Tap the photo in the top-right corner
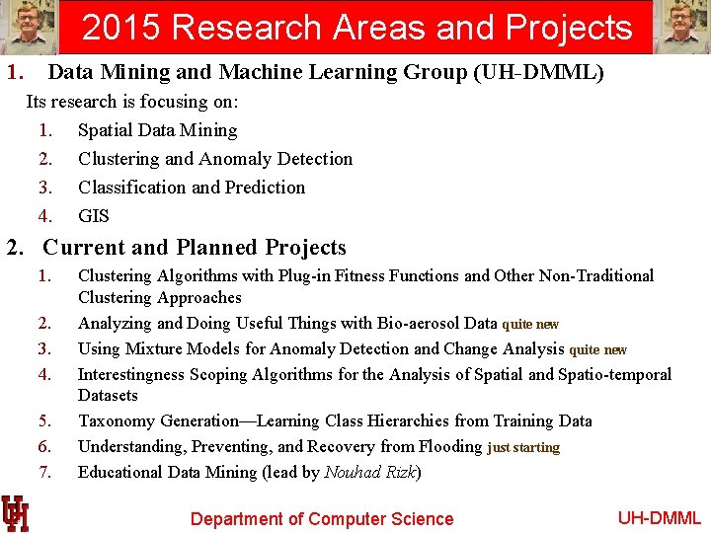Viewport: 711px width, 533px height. tap(682, 27)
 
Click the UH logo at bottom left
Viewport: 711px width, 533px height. tap(15, 513)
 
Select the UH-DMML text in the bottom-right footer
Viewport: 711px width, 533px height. tap(659, 518)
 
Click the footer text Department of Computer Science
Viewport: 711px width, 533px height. tap(322, 519)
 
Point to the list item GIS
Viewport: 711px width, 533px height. tap(94, 216)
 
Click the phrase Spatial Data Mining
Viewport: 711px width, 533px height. tap(158, 130)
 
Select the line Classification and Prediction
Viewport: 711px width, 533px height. tap(192, 188)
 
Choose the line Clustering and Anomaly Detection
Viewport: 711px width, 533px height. tap(215, 159)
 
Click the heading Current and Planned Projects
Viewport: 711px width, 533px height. tap(195, 248)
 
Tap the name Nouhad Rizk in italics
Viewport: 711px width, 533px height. tap(370, 473)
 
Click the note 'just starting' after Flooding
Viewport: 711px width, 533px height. tap(523, 448)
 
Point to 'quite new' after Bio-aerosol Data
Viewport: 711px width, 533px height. tap(530, 324)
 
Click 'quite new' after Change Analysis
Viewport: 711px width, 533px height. tap(597, 349)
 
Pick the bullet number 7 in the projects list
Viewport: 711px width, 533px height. tap(44, 473)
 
